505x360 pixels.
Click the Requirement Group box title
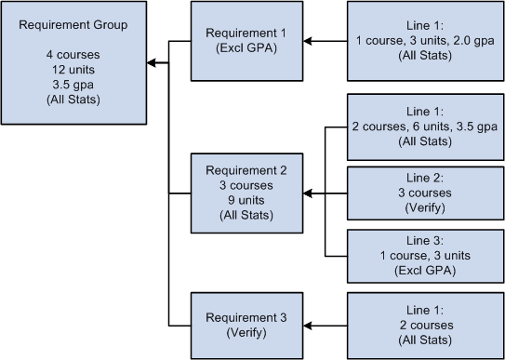click(x=73, y=22)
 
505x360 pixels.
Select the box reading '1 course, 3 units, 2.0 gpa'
click(x=424, y=41)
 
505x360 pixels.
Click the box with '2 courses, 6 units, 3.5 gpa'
click(x=424, y=126)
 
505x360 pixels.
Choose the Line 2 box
click(x=424, y=193)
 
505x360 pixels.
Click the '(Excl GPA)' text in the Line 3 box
click(x=424, y=271)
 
